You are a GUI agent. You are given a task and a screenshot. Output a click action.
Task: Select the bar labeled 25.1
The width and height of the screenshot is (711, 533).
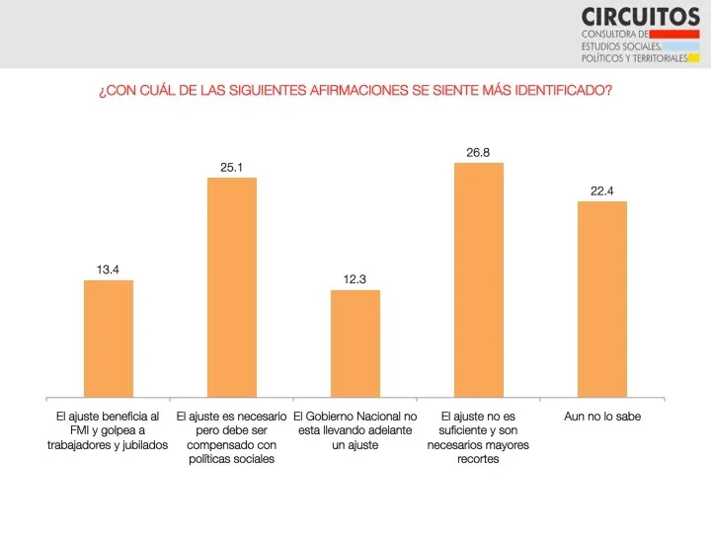coord(231,287)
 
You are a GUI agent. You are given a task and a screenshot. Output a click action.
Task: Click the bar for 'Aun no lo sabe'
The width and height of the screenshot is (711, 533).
coord(601,299)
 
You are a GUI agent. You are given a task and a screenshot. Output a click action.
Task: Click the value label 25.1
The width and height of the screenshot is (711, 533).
coord(231,167)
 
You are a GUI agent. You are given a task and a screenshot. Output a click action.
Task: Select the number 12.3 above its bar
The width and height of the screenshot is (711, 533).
coord(355,279)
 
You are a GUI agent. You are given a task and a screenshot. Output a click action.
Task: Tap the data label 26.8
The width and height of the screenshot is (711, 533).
coord(478,152)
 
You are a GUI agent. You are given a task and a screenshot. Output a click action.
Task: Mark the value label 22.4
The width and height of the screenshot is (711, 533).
coord(601,190)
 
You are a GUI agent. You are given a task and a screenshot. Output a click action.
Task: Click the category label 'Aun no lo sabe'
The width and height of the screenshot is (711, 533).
coord(601,417)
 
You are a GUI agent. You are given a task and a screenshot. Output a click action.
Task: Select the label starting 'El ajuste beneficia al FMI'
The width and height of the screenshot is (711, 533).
coord(108,430)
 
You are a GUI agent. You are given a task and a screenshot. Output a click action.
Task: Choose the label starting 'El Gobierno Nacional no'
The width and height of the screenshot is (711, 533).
coord(355,430)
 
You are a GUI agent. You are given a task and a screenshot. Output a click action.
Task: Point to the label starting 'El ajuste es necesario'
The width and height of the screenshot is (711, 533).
coord(231,437)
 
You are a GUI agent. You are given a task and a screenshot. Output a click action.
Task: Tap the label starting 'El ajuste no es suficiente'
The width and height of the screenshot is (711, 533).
coord(478,437)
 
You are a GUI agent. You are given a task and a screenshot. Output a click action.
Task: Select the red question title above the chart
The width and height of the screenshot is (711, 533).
coord(355,91)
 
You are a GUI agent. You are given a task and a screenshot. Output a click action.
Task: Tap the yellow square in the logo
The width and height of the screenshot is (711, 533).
coord(693,57)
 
